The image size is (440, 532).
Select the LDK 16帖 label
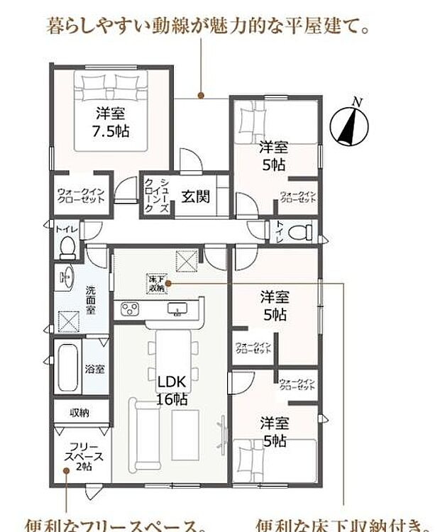pos(172,392)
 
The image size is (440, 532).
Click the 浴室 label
pos(95,370)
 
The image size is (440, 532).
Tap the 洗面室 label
pos(92,301)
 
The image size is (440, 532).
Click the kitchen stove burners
pos(132,309)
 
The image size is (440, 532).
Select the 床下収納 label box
pos(156,284)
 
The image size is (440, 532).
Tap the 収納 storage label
pos(79,413)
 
